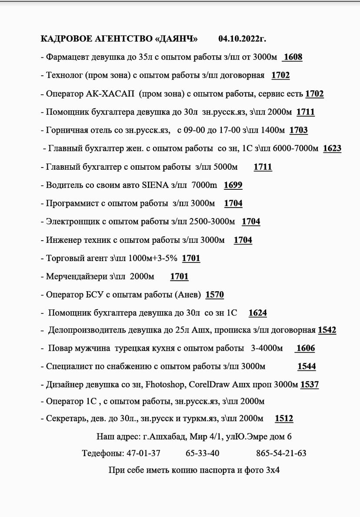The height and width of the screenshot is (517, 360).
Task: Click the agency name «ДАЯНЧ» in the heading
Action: coord(176,39)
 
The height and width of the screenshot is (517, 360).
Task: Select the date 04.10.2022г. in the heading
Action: coord(242,39)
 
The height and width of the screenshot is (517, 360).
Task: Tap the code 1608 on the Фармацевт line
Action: coord(293,57)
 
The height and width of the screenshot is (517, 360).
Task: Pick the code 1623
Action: coord(332,148)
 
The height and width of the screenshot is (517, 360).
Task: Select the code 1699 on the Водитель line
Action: coord(233,185)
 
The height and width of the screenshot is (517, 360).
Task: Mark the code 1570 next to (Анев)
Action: coord(214,295)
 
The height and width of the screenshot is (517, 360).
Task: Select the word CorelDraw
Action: coord(210,385)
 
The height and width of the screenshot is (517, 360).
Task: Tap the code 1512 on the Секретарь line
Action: coord(284,419)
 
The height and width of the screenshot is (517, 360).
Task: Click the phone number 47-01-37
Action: coord(143,453)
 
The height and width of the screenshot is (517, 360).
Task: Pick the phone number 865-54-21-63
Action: coord(281,453)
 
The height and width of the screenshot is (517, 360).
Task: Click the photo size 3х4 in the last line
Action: coord(273,470)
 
